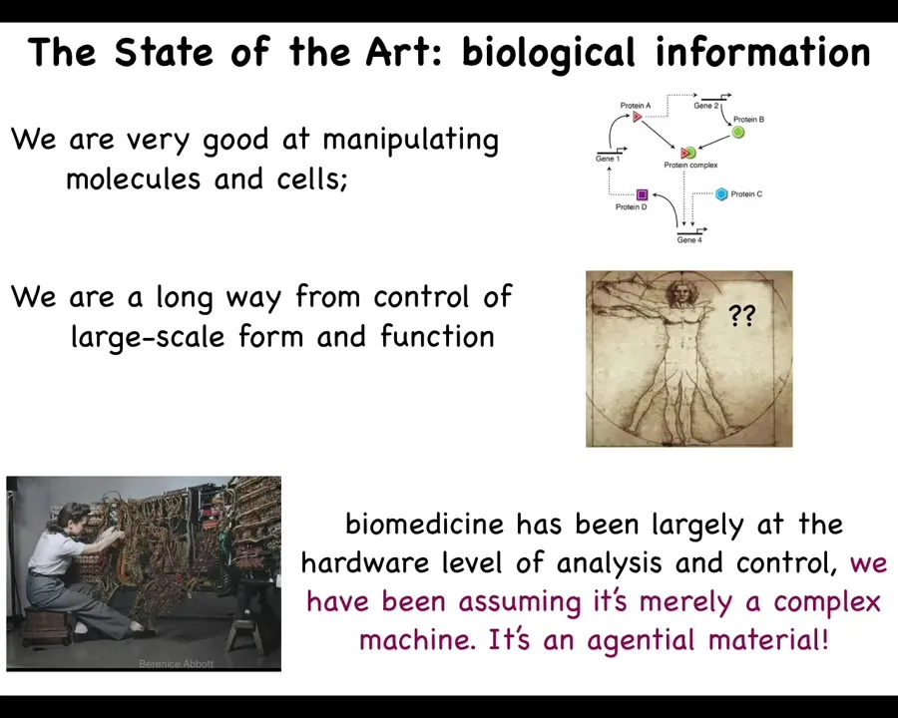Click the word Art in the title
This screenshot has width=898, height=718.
coord(404,52)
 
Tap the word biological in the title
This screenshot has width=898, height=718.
coord(548,53)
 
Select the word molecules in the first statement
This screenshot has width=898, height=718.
coord(133,179)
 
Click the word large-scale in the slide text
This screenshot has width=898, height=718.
coord(148,337)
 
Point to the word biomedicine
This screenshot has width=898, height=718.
coord(424,524)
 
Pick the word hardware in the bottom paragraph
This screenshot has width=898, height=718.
coord(365,562)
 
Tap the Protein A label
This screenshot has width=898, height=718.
coord(636,106)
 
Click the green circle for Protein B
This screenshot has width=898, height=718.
coord(738,133)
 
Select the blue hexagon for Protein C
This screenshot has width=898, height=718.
coord(721,194)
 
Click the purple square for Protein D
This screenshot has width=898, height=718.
coord(642,194)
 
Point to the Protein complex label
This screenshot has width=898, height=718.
coord(690,165)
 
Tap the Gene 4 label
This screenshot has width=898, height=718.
coord(688,240)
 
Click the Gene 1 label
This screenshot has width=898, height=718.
coord(608,159)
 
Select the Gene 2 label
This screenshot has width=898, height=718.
coord(705,106)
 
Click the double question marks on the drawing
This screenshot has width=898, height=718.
coord(742,315)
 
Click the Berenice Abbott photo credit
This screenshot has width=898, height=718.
coord(176,663)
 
